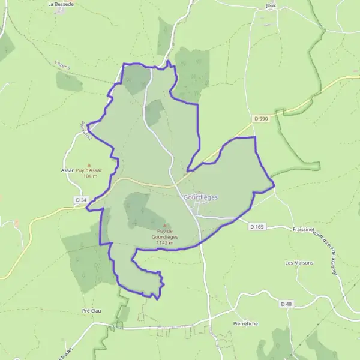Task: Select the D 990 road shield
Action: tap(260, 119)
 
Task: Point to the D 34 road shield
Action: tap(81, 199)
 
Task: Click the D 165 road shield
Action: tap(256, 226)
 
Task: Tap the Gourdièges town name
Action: tap(200, 197)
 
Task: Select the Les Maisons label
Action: tap(299, 263)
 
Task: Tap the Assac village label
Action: tap(67, 170)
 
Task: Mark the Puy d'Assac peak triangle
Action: tap(89, 165)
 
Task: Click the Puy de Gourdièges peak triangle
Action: tap(165, 225)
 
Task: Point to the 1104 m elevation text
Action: tap(89, 176)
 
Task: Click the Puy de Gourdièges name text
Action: tap(165, 234)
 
